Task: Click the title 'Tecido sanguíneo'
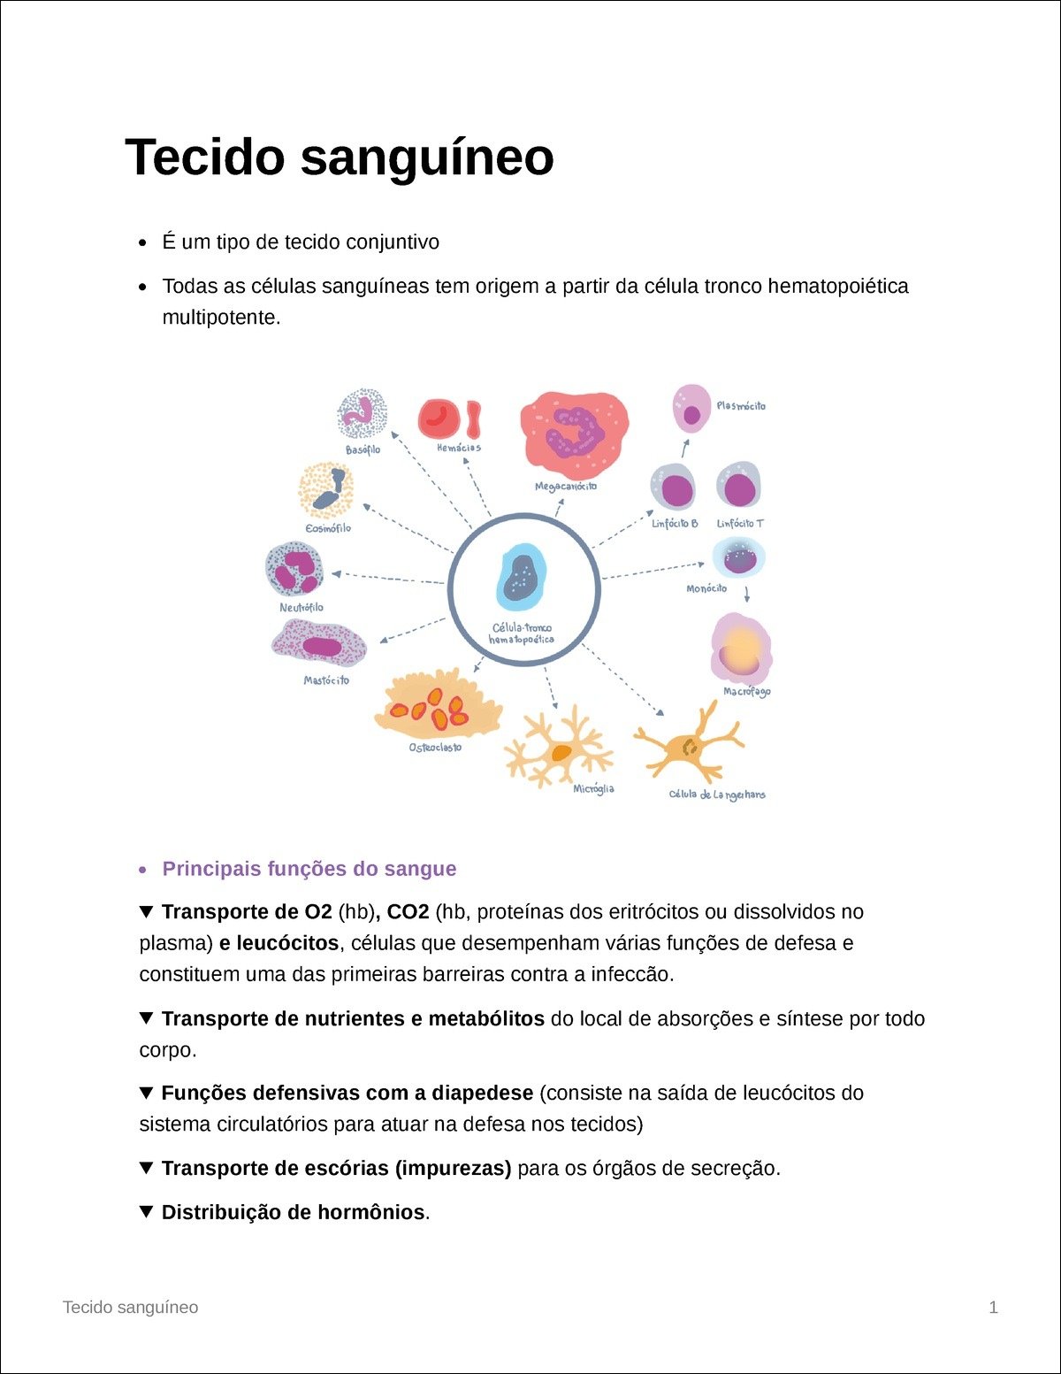point(340,157)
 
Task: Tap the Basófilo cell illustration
point(363,413)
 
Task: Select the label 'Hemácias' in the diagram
point(459,448)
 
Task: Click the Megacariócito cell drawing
point(574,430)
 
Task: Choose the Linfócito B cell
point(674,487)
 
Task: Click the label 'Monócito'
point(706,588)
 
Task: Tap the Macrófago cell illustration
point(741,649)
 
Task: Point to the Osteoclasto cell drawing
point(438,705)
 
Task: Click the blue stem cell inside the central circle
point(521,576)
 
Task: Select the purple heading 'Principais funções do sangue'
point(309,869)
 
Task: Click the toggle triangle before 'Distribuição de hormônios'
point(147,1211)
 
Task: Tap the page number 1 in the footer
point(993,1307)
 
